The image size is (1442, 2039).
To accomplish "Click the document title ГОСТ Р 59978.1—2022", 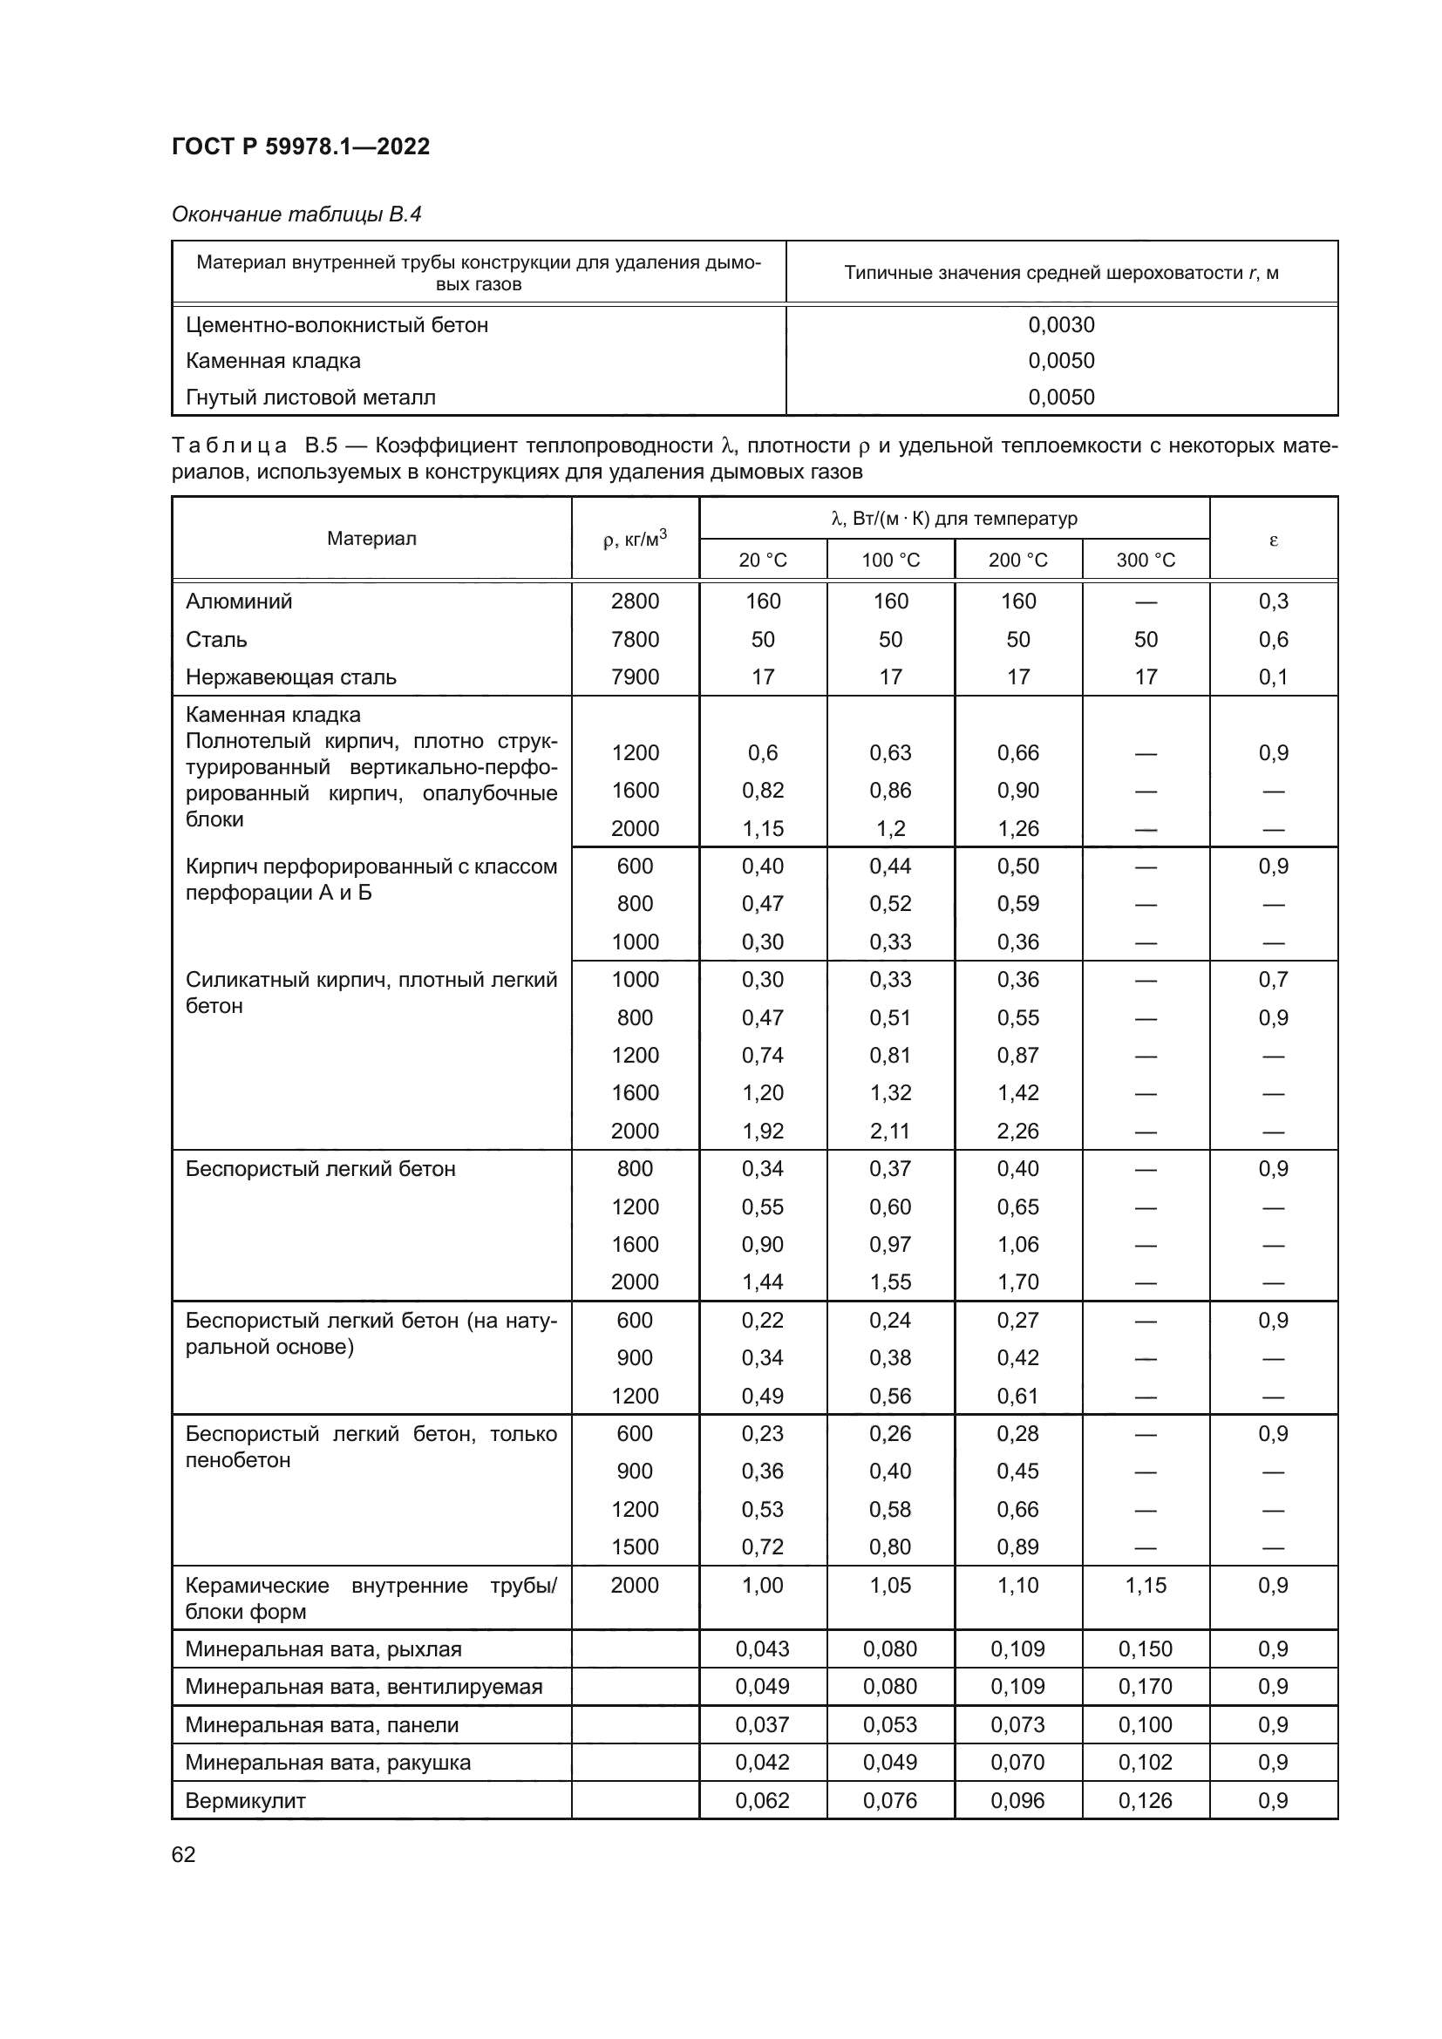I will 300,146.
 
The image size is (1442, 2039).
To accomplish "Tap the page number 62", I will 184,1854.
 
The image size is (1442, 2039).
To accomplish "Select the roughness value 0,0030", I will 1061,325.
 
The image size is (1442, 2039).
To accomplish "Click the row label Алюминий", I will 239,602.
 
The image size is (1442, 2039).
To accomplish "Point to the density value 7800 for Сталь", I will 635,639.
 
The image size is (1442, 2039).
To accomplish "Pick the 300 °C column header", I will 1146,561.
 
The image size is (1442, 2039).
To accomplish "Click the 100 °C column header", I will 891,561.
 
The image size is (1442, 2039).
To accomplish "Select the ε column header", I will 1273,539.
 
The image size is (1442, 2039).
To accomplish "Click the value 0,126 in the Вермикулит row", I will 1146,1801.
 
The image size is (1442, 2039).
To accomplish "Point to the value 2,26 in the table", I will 1017,1132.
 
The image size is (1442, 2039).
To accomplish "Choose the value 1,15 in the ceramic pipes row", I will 1146,1585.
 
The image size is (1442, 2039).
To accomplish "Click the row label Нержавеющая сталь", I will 291,677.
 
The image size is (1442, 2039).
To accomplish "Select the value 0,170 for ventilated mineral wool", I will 1146,1687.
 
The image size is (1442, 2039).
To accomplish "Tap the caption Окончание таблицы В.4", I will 296,214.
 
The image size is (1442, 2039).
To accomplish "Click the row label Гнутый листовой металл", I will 310,397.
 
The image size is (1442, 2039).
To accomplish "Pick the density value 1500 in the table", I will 635,1547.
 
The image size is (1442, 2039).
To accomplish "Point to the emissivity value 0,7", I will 1273,980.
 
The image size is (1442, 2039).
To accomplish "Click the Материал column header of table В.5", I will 371,539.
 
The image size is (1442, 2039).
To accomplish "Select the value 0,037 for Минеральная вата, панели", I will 763,1724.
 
